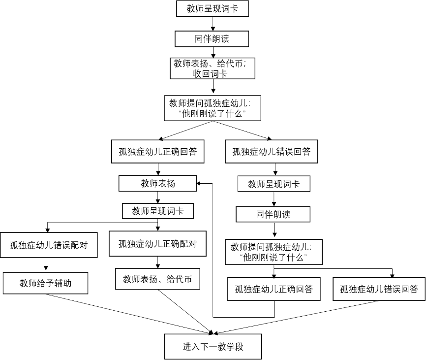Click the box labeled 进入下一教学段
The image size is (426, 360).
213,347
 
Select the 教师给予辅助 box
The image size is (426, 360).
45,283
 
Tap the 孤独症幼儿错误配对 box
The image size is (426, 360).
49,245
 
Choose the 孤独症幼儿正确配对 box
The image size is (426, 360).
157,244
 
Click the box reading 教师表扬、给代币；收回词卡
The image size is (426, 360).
213,68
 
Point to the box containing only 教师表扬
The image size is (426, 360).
157,183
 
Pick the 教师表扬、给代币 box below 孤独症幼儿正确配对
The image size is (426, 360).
157,279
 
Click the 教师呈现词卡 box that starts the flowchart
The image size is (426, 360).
213,8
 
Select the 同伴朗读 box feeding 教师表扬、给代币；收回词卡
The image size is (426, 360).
212,39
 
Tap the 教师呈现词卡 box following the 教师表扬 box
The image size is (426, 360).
158,211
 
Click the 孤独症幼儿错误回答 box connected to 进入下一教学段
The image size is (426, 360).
379,289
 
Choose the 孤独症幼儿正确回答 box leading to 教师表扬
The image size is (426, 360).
274,289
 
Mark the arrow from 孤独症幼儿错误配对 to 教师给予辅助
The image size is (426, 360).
46,264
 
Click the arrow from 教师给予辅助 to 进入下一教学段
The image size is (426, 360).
129,314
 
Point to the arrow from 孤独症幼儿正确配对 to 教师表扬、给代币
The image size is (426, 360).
158,262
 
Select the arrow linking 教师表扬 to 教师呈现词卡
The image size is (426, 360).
158,197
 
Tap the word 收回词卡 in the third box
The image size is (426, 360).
210,73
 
